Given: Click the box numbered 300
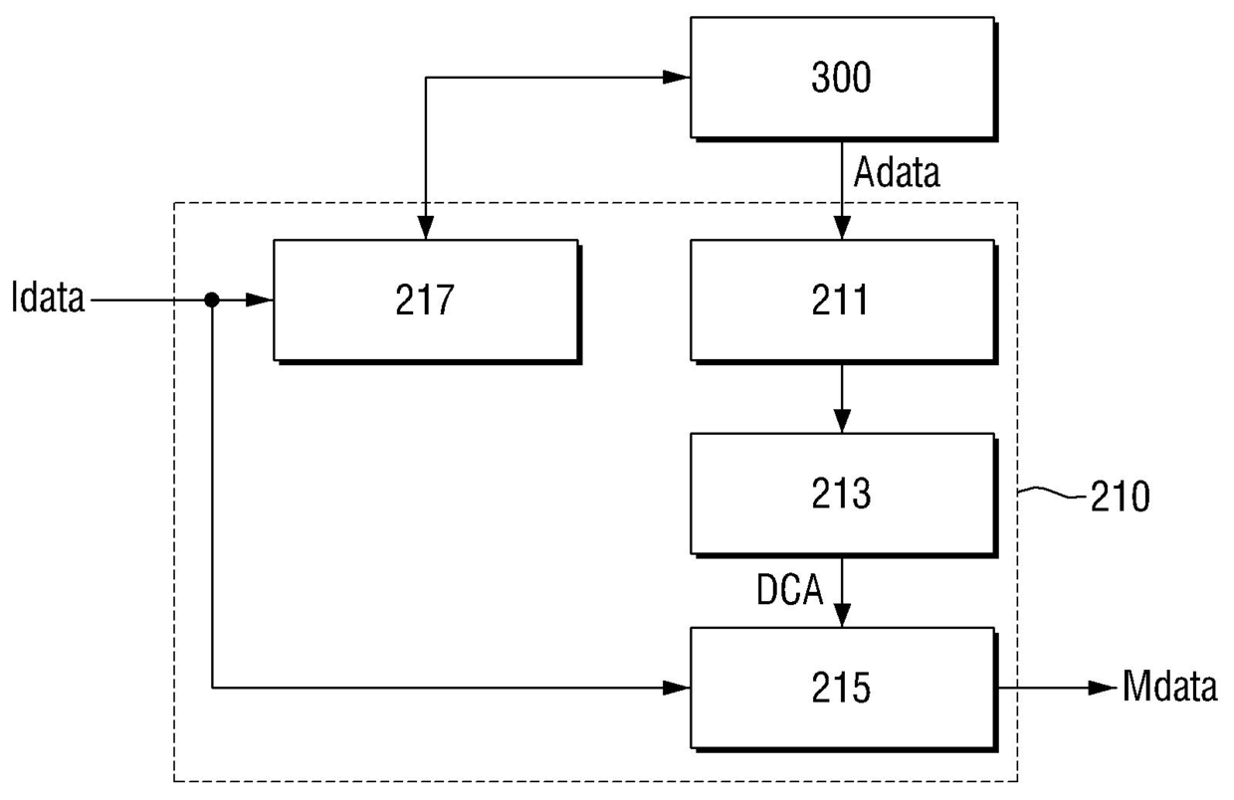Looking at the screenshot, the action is (844, 79).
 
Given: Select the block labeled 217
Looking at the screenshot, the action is (427, 301).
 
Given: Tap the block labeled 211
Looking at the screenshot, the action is (844, 301).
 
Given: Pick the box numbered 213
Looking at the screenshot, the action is (844, 495).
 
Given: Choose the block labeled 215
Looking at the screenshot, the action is (844, 689).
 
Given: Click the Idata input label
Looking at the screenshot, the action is (48, 298).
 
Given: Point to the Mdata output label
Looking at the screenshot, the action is (1169, 687).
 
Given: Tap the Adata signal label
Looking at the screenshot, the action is (897, 172).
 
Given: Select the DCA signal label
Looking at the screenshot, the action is (789, 589).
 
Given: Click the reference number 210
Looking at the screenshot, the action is (1120, 497).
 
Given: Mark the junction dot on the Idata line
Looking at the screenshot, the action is (212, 300).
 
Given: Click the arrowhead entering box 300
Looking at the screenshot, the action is (677, 78).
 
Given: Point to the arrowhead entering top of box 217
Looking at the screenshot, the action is (425, 227).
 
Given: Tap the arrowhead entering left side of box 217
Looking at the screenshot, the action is (260, 300).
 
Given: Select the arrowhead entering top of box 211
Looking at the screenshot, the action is (842, 227).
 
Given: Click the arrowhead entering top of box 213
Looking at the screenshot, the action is (842, 421).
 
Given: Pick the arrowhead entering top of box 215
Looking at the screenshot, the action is (842, 615).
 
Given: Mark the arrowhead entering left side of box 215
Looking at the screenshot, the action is (677, 688).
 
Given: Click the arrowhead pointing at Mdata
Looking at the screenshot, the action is (1103, 688).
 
